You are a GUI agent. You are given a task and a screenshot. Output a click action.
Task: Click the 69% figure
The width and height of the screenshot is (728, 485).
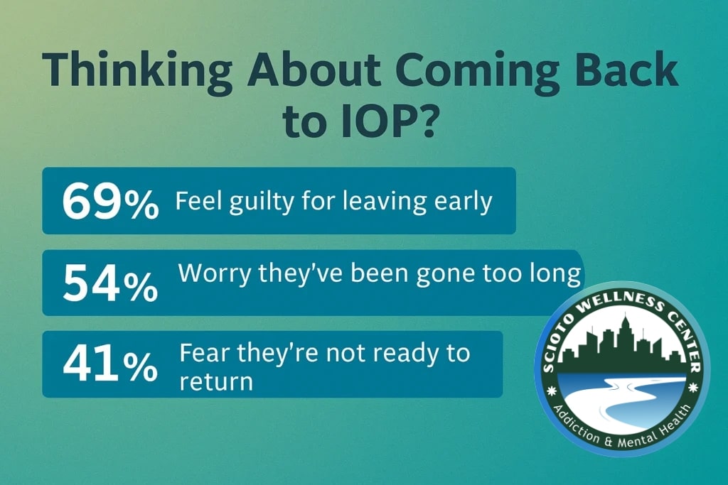coord(110,201)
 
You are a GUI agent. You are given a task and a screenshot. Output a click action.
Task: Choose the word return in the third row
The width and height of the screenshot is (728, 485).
coord(216,382)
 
